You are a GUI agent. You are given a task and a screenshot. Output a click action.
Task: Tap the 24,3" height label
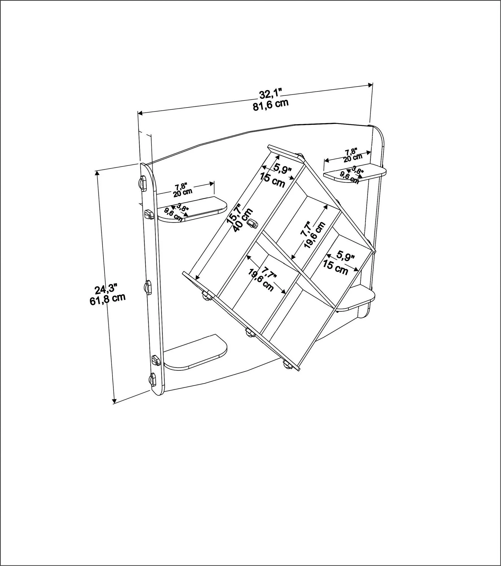coord(106,289)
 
